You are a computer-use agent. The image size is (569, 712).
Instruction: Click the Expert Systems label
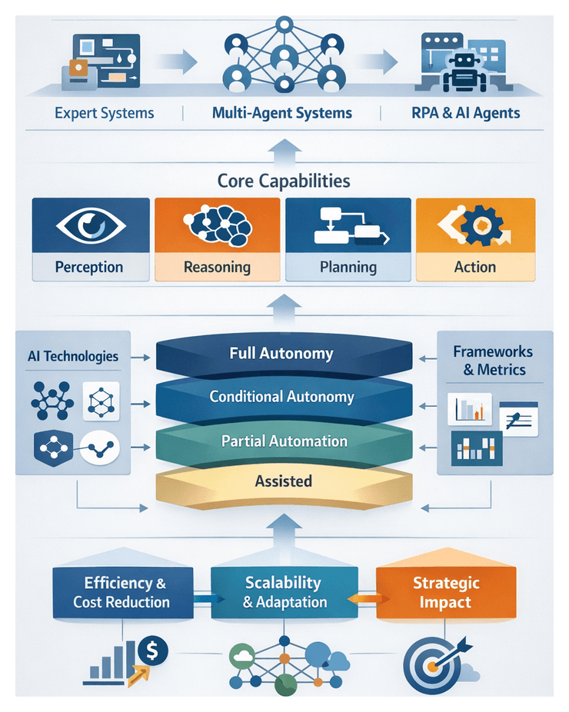105,113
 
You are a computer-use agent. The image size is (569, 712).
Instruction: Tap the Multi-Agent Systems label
281,113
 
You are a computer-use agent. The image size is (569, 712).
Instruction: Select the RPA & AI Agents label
466,113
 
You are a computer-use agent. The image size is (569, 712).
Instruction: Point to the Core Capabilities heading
284,181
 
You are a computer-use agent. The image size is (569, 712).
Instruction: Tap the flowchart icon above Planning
348,228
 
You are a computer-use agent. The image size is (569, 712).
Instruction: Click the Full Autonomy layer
281,354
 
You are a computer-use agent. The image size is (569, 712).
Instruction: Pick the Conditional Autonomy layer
281,398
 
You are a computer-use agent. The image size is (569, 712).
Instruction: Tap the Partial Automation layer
284,441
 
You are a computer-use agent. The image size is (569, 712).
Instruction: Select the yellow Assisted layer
284,482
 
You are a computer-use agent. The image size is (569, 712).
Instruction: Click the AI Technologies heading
73,356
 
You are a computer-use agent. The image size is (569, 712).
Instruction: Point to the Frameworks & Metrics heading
493,361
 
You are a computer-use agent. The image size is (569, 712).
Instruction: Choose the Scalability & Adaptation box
284,593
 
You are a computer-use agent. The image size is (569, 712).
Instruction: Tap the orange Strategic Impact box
445,593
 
